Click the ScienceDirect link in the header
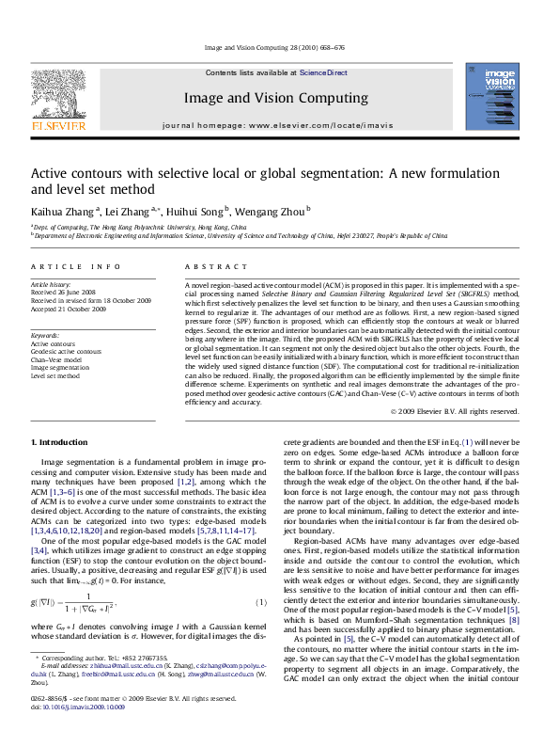click(323, 72)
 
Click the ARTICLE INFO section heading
click(75, 267)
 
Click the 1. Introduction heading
click(59, 442)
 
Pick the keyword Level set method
click(54, 375)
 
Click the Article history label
click(51, 284)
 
